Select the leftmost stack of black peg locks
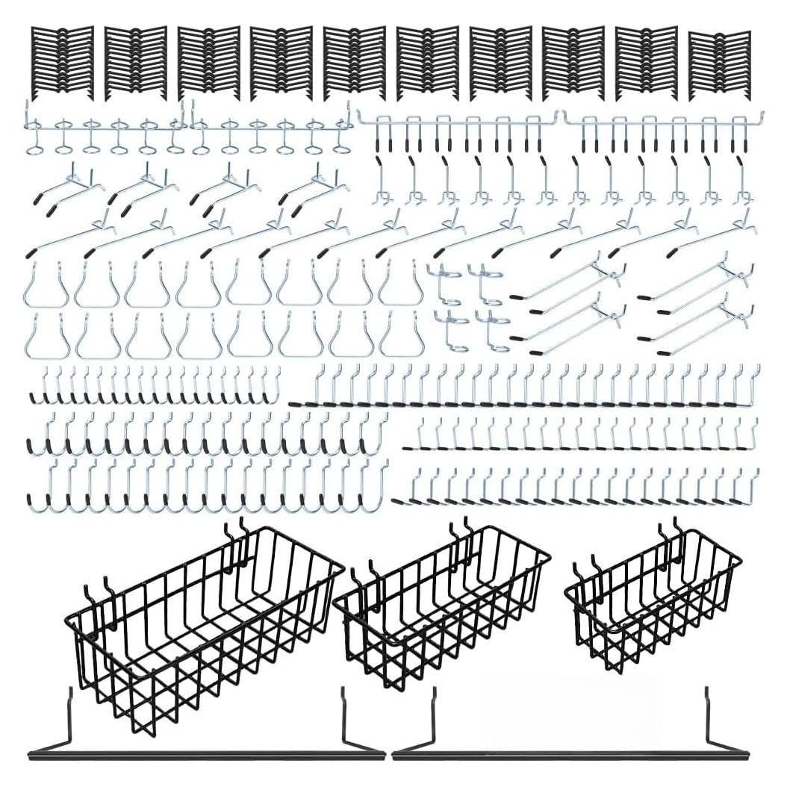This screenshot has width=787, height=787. pyautogui.click(x=62, y=63)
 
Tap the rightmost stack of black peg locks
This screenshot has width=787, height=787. pyautogui.click(x=718, y=66)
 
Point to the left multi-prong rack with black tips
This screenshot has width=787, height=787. pyautogui.click(x=457, y=127)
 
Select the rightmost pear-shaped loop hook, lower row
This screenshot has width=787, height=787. pyautogui.click(x=402, y=336)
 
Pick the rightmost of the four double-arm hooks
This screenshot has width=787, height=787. pyautogui.click(x=314, y=187)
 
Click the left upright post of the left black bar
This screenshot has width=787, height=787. pyautogui.click(x=70, y=717)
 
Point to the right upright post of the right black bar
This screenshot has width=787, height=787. pyautogui.click(x=706, y=717)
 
